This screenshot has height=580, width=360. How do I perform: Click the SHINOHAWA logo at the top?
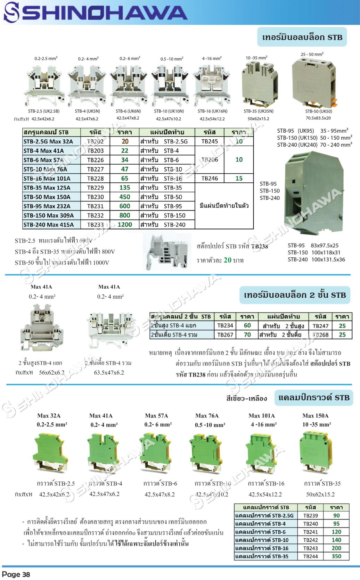point(96,13)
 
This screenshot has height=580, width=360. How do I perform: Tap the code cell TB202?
point(95,141)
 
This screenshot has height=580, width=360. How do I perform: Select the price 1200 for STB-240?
point(125,225)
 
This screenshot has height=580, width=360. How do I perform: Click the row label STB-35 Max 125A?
point(47,188)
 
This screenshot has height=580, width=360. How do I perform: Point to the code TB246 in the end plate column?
point(210,178)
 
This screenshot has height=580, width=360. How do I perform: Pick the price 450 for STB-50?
point(125,197)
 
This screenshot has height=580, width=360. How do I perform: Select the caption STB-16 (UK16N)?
point(212,111)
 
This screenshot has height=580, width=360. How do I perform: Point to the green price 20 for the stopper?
point(228,260)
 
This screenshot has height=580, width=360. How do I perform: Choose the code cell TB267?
point(225,335)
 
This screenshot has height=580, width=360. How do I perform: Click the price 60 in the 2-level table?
point(247,325)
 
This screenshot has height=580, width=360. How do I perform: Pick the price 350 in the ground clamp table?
point(336,556)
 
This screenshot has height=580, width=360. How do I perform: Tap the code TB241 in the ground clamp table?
point(310,532)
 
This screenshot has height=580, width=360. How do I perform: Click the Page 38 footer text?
point(16,574)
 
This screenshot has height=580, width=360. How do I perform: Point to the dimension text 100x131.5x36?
point(328,259)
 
